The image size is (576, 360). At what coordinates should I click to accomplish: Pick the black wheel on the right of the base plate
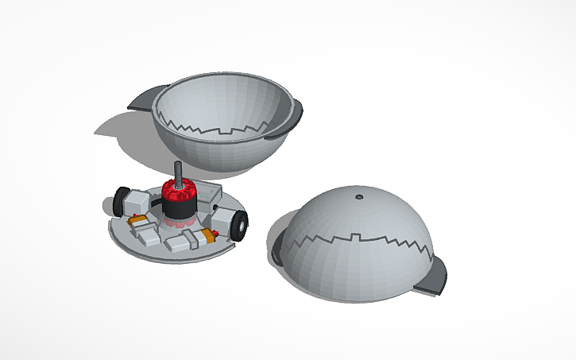(241, 226)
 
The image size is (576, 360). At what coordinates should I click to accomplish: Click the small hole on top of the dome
(359, 194)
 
